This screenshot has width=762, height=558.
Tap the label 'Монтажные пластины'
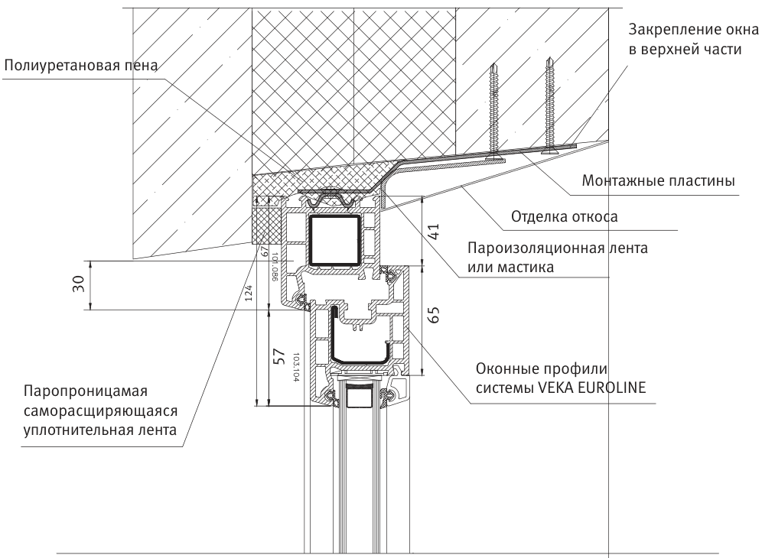tap(658, 181)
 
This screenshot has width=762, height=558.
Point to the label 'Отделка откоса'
tap(564, 216)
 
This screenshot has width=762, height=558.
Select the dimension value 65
tap(433, 316)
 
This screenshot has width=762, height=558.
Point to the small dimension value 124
tap(249, 296)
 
